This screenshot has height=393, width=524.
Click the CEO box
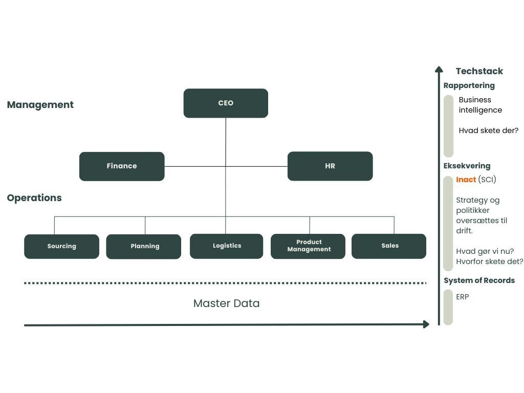[226, 103]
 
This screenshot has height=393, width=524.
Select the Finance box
[122, 166]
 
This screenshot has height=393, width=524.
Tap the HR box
[330, 166]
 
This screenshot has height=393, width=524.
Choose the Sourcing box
[61, 246]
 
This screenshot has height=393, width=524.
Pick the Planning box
[144, 246]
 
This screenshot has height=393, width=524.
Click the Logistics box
[226, 246]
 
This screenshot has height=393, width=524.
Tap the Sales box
[389, 246]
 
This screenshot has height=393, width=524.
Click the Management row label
[40, 105]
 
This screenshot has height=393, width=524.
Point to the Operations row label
[34, 198]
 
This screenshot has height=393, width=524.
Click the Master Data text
[226, 303]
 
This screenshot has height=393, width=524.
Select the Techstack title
[479, 71]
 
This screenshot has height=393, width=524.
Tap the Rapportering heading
[469, 85]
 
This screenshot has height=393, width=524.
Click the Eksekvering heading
[467, 166]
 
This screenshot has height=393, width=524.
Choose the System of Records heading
[479, 280]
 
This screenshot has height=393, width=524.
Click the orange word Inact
[466, 180]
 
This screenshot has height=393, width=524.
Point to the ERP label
[463, 297]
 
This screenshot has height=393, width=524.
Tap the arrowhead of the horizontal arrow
[426, 324]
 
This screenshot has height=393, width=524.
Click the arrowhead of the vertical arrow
[439, 70]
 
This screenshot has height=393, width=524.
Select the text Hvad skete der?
[488, 130]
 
